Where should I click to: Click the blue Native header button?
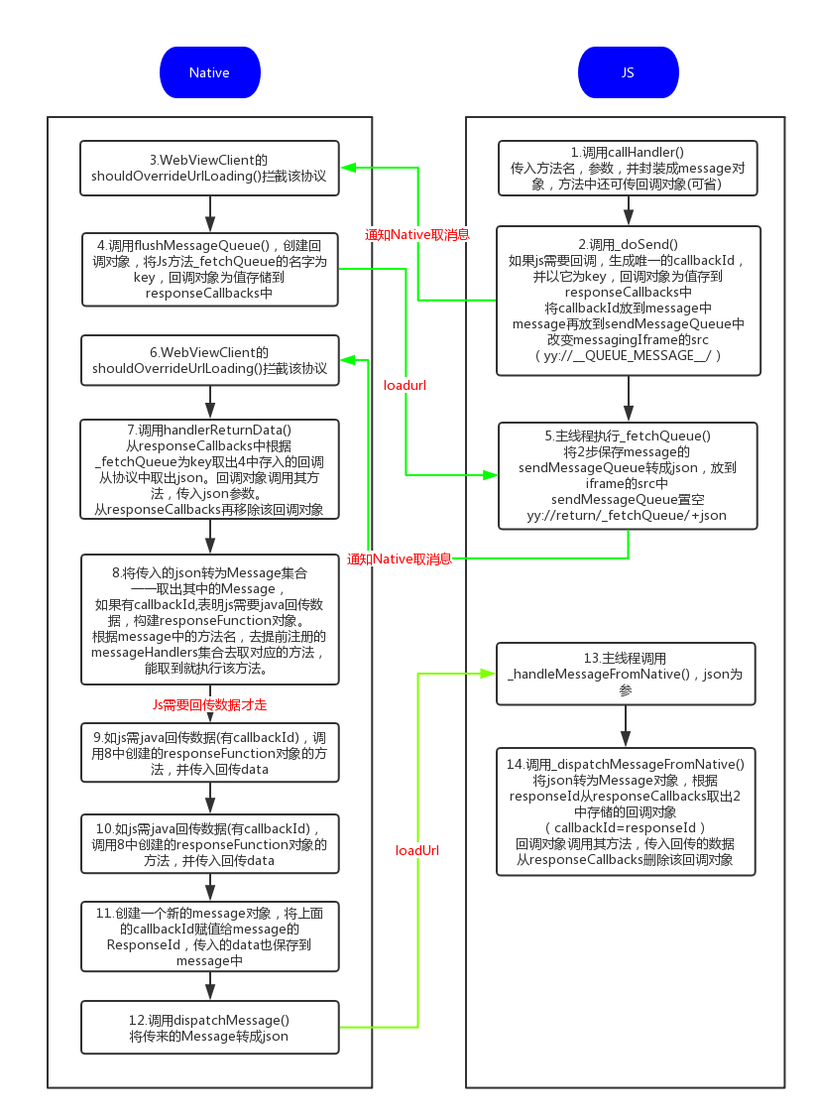209,72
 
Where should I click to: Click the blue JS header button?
628,72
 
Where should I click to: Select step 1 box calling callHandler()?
628,168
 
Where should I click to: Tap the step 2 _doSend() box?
628,301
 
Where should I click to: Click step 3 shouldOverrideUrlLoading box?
209,167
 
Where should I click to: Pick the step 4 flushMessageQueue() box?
209,269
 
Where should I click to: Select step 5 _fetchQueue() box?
628,475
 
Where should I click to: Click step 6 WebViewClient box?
209,360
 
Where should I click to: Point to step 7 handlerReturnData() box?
209,468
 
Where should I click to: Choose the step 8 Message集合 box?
209,619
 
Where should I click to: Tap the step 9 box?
209,747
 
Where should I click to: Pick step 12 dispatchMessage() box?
209,1028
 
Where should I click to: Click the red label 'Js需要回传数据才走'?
209,704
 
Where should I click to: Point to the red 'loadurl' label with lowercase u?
405,385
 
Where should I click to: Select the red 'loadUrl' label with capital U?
417,850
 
